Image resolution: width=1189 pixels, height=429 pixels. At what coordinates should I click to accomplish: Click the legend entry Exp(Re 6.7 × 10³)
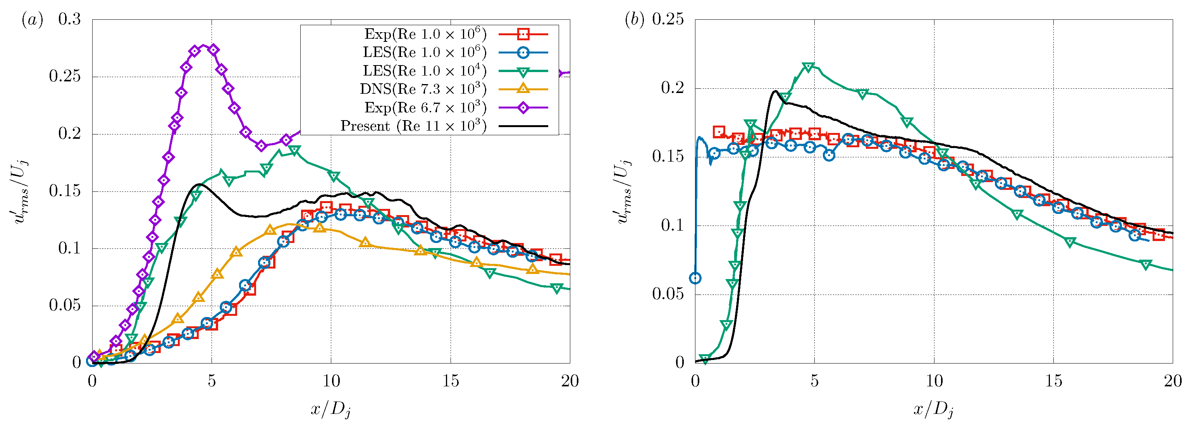click(425, 108)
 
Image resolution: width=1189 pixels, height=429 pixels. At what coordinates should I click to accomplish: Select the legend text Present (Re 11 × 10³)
click(413, 126)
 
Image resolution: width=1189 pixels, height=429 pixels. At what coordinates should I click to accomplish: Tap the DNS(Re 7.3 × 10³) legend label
click(423, 89)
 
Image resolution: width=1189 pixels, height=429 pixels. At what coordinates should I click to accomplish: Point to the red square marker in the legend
click(523, 34)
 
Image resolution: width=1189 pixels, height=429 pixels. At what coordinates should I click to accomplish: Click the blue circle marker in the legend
click(523, 53)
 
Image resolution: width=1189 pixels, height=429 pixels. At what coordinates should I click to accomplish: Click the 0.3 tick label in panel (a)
click(69, 19)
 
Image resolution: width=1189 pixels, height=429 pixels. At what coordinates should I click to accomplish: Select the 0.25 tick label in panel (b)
click(668, 19)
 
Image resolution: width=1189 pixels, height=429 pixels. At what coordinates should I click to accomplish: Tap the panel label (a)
click(32, 20)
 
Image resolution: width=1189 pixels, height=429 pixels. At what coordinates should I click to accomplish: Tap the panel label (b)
click(634, 20)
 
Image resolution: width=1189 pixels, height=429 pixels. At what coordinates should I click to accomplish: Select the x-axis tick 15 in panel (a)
click(451, 381)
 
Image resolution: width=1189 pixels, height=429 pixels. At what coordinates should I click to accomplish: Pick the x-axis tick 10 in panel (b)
click(934, 381)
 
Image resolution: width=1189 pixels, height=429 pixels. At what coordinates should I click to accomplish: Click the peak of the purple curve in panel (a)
click(203, 46)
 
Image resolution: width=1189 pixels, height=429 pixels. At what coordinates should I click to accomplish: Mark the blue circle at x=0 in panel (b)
click(695, 278)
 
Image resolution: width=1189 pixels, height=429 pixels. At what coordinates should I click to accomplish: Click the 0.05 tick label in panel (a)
click(65, 306)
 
